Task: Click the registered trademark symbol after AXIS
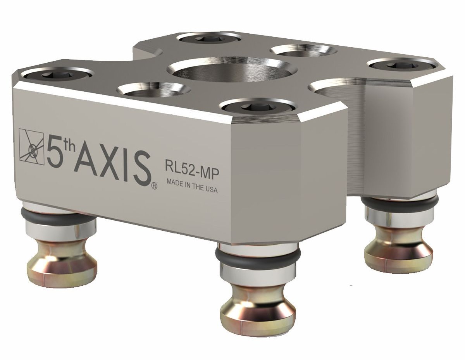pyautogui.click(x=154, y=187)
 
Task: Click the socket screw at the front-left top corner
pyautogui.click(x=56, y=75)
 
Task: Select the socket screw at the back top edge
pyautogui.click(x=208, y=39)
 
